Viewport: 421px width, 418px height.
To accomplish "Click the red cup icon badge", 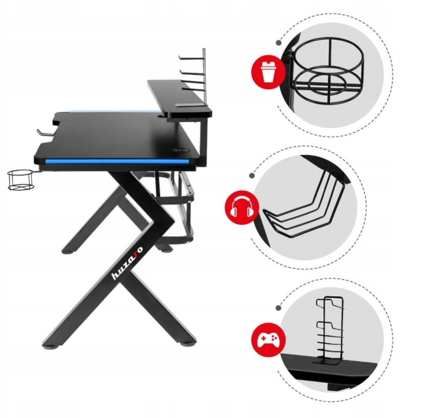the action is click(x=268, y=72).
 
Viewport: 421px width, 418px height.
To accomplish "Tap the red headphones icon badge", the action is click(x=242, y=208).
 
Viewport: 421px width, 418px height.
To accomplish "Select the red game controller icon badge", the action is click(x=269, y=340).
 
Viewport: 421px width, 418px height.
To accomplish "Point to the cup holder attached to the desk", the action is click(x=20, y=180).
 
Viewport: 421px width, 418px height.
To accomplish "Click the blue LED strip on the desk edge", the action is click(x=117, y=161).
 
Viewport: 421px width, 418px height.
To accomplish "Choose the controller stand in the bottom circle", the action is click(x=330, y=331).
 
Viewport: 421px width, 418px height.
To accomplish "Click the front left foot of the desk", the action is click(x=51, y=345).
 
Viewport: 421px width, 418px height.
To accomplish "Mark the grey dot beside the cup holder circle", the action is click(x=279, y=42).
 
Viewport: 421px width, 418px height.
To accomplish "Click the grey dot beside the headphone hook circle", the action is click(x=252, y=175).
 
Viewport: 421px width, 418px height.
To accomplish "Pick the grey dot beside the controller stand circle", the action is click(x=279, y=308).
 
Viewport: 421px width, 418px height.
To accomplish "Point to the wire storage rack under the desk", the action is click(x=172, y=207).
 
